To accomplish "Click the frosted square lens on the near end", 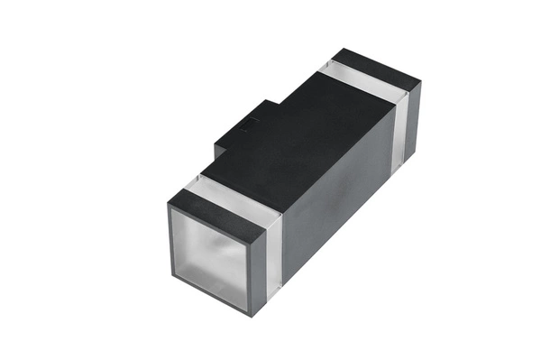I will [x=210, y=256].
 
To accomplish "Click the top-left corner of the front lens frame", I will [x=168, y=206].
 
